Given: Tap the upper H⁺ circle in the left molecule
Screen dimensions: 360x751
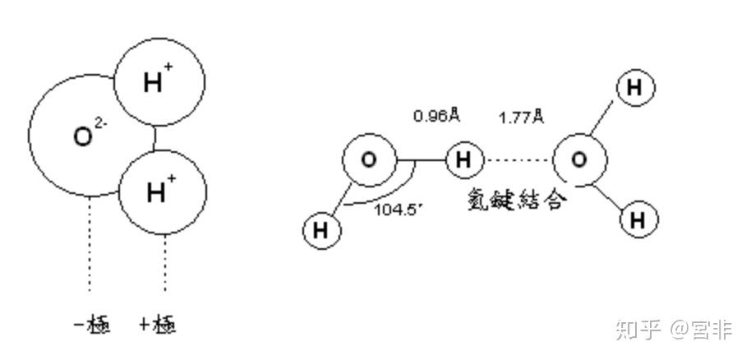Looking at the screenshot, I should (x=159, y=82).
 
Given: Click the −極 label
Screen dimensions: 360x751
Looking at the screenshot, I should (x=92, y=325).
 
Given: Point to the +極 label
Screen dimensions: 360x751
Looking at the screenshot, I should (x=158, y=325).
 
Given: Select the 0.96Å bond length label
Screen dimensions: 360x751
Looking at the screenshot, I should (x=435, y=117).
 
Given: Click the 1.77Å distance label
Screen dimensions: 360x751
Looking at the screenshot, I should (x=521, y=117).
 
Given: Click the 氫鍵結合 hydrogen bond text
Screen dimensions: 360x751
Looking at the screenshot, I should (x=515, y=200).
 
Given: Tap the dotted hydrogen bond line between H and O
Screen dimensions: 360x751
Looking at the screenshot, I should (x=518, y=159).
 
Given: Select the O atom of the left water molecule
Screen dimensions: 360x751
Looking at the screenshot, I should (x=369, y=159).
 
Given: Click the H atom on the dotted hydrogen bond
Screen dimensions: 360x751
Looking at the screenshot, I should (x=464, y=159).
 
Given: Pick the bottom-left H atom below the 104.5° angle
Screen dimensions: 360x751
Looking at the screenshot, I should (x=321, y=230).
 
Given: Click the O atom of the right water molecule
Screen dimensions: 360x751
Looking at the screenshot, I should (x=578, y=159).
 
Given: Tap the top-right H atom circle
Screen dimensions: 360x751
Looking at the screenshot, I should (x=634, y=87).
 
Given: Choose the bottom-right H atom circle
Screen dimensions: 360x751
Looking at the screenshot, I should (x=639, y=219).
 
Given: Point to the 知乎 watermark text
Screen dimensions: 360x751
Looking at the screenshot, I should (x=638, y=330).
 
